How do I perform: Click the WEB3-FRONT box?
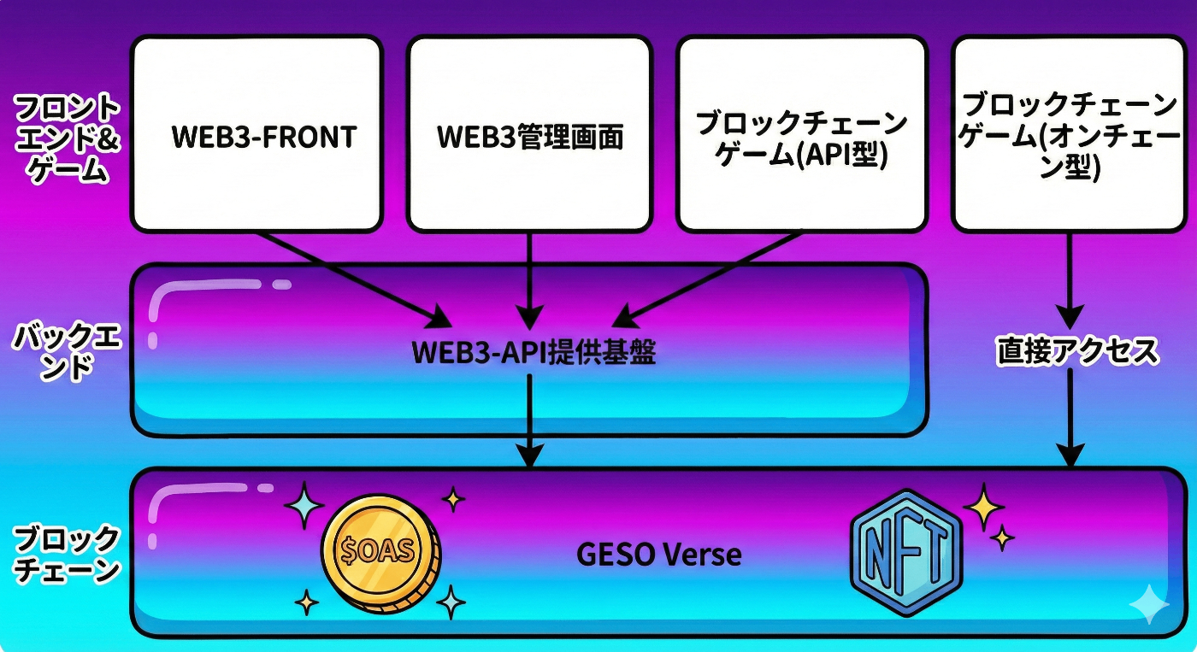point(256,134)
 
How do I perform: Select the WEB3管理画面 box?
point(529,134)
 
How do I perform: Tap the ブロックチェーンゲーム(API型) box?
point(801,134)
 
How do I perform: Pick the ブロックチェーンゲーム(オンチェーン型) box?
point(1069,134)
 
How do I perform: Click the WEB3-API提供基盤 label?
point(534,352)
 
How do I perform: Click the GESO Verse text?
point(659,555)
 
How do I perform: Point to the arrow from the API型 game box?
point(710,278)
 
